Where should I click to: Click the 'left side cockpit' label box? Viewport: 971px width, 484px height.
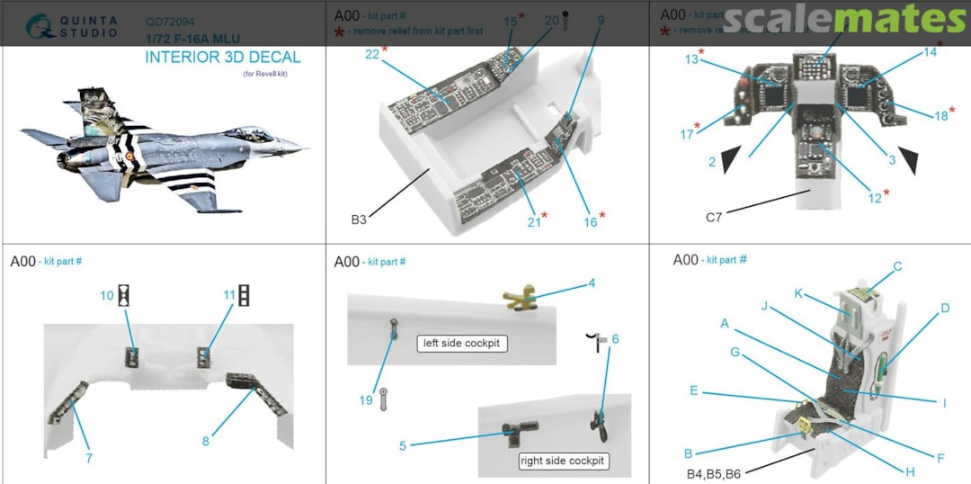click(x=464, y=344)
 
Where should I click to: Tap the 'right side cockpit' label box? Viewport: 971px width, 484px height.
click(x=564, y=461)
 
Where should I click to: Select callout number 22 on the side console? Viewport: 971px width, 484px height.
click(x=372, y=54)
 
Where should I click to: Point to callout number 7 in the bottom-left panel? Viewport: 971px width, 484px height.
click(x=89, y=458)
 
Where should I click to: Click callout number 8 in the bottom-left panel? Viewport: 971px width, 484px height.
click(x=205, y=441)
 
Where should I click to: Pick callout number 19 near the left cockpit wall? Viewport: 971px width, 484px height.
click(x=366, y=400)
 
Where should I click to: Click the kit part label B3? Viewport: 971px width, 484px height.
click(x=359, y=219)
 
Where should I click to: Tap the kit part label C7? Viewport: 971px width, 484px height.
click(x=713, y=217)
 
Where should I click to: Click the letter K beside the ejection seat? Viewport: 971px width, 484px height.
click(x=797, y=293)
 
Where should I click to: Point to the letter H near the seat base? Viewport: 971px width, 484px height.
click(x=910, y=472)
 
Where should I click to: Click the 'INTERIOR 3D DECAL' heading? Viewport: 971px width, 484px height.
click(x=223, y=58)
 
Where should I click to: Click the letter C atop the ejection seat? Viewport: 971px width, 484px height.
click(x=897, y=266)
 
